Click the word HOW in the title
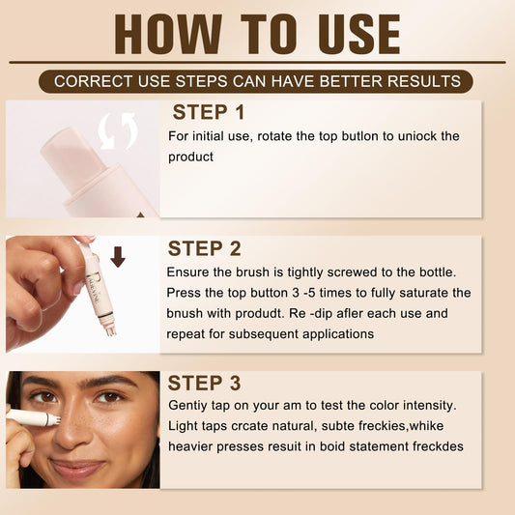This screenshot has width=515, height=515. [x=168, y=34]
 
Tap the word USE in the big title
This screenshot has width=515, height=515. [x=359, y=34]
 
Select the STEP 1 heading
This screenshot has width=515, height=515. [x=209, y=112]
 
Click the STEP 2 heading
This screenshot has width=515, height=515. [x=204, y=248]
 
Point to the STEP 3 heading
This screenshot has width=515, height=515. [x=204, y=383]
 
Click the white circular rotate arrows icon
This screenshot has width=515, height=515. [x=118, y=131]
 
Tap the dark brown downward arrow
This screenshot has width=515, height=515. [x=118, y=257]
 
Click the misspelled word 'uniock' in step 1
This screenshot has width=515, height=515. [x=417, y=136]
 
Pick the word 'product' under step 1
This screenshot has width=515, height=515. [x=190, y=157]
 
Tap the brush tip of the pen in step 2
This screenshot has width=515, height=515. [x=111, y=329]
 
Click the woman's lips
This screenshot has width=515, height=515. [x=78, y=468]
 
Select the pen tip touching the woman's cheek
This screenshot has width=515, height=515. [x=56, y=419]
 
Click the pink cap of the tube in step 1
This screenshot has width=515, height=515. [x=72, y=156]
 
